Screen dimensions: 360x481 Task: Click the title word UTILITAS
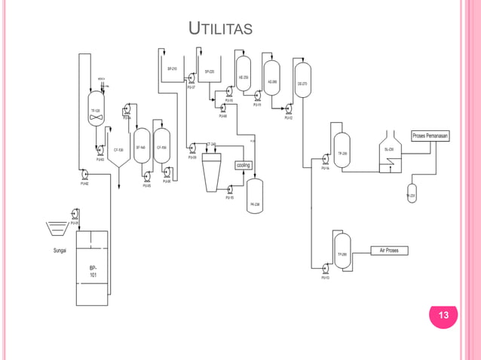[221, 30]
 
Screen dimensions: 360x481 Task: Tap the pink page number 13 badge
[444, 316]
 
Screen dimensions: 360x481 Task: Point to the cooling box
[244, 165]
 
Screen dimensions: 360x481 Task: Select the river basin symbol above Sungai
[56, 225]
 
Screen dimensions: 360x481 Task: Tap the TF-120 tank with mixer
[96, 110]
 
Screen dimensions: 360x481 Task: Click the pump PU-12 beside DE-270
[289, 109]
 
